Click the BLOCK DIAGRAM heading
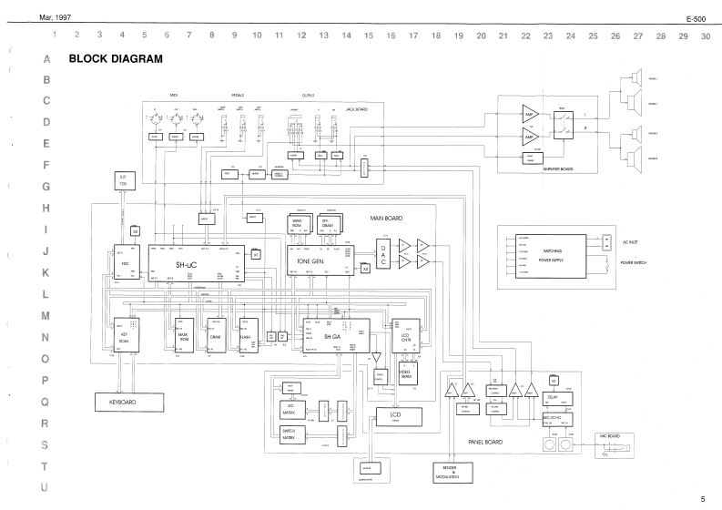pos(116,59)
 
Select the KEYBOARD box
pos(129,401)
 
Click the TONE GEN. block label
pos(312,260)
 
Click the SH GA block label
pos(331,337)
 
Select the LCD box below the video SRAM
pos(395,416)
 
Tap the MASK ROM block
pos(182,339)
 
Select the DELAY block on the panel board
pos(553,397)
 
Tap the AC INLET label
pos(631,242)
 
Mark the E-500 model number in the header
pos(698,18)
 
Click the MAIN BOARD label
pos(386,219)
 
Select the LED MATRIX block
pos(294,410)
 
